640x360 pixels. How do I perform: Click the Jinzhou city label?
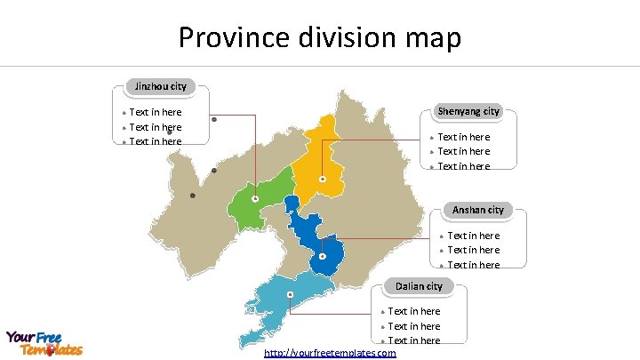point(161,86)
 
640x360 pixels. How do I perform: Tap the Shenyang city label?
point(468,111)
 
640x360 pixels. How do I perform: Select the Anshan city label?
point(478,210)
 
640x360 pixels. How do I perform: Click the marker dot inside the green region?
point(255,199)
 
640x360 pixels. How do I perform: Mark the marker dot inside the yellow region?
point(322,180)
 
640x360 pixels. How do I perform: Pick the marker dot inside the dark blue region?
point(323,256)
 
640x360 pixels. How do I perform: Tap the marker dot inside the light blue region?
point(290,294)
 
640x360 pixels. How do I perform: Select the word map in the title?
point(435,38)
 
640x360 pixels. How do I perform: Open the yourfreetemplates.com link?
point(331,353)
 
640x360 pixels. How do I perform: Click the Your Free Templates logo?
point(44,343)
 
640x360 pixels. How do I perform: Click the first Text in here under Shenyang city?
point(463,137)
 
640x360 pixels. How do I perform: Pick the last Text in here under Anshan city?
point(473,264)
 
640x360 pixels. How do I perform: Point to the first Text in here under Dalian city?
point(413,311)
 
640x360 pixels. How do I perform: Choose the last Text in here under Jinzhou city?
point(155,141)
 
